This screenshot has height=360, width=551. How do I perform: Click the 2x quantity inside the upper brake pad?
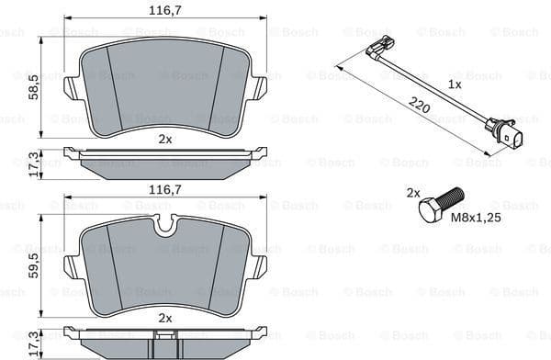165,139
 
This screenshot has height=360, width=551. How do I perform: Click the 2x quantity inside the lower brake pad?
165,317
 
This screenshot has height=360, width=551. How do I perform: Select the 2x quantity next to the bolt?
413,193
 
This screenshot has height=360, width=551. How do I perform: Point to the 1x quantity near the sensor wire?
454,84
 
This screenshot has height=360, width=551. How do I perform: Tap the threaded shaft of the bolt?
452,197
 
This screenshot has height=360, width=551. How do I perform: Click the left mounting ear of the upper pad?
72,87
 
